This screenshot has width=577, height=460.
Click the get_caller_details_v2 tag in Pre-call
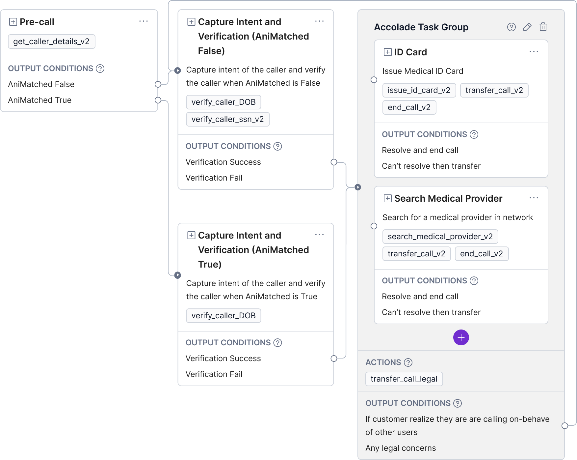(52, 42)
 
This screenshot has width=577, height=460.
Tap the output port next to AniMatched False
(158, 84)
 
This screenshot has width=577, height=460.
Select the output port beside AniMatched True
(158, 100)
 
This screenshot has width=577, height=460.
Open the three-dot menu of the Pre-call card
(144, 21)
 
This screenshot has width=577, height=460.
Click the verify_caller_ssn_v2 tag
(228, 119)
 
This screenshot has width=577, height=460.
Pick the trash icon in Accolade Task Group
(543, 27)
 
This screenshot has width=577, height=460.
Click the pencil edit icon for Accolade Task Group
(527, 27)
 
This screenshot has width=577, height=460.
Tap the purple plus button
(461, 337)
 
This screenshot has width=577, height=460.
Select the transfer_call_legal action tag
(404, 379)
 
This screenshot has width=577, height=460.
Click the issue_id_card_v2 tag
(419, 90)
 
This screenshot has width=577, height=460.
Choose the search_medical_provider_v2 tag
(440, 237)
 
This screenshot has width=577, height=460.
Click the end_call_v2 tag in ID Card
(409, 107)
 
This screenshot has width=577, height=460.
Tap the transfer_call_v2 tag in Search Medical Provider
(417, 254)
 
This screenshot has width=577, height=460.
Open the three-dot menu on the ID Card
(534, 52)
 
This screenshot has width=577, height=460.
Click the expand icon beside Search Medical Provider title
(388, 198)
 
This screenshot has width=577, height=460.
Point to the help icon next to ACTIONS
(408, 362)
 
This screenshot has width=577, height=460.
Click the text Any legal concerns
(401, 448)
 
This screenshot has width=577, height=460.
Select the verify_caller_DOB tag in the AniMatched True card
(224, 316)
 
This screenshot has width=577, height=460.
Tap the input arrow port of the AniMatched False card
(178, 71)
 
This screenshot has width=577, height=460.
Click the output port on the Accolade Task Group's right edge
(565, 426)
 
